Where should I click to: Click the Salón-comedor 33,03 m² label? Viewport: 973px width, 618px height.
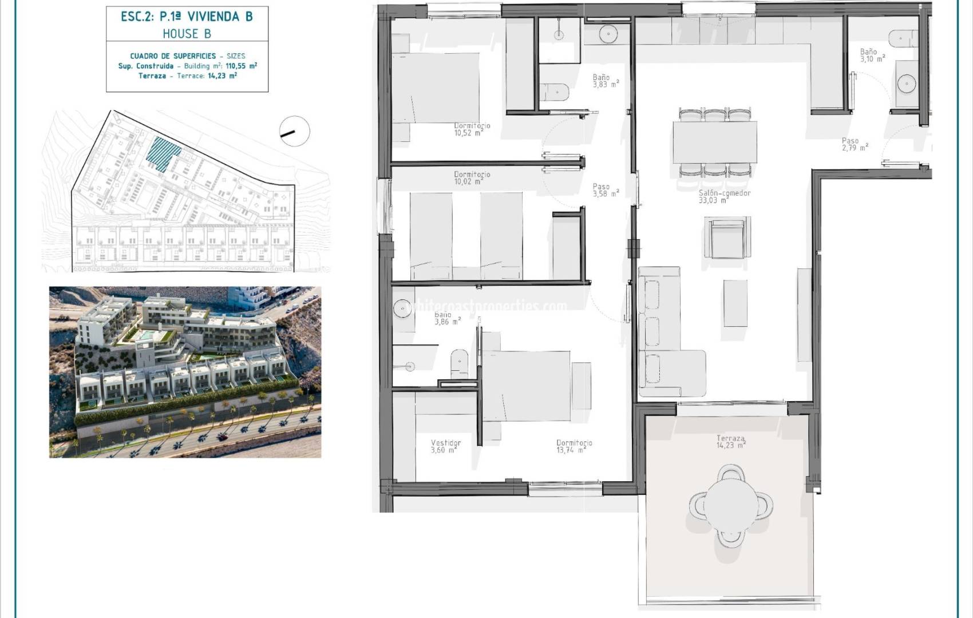click(x=724, y=197)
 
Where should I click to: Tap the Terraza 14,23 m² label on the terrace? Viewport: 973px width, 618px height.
click(x=731, y=442)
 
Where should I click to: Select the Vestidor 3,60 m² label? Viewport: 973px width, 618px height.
click(x=445, y=446)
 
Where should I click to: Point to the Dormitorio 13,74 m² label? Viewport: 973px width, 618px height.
click(x=573, y=446)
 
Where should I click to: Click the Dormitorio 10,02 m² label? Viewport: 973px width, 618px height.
click(x=472, y=178)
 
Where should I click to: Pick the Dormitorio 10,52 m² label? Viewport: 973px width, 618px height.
click(x=472, y=129)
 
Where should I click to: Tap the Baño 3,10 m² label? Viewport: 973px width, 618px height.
click(x=872, y=56)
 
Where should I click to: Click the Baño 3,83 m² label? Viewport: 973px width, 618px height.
click(x=604, y=81)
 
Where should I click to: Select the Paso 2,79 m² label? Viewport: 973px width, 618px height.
click(x=854, y=144)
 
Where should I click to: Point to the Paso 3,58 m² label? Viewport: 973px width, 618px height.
click(x=604, y=191)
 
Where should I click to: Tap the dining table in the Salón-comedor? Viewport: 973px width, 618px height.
click(x=715, y=142)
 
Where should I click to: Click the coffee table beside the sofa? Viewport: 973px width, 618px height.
click(x=735, y=303)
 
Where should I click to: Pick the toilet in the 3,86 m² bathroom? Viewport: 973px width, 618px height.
click(x=460, y=364)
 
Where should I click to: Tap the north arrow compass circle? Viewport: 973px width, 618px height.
click(x=295, y=130)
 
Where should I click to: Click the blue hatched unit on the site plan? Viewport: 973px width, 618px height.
click(x=163, y=153)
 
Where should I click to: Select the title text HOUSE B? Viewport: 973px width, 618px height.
click(x=187, y=34)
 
